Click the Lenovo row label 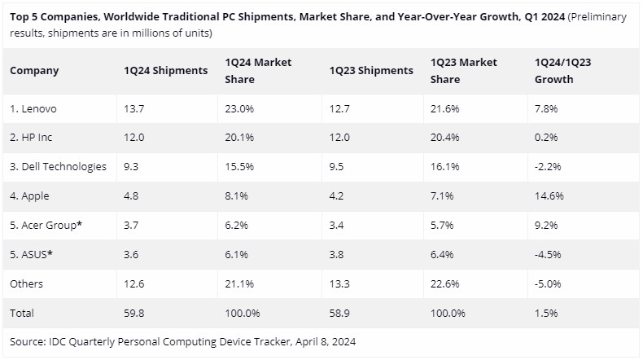pos(33,108)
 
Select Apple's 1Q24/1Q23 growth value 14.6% pos(547,196)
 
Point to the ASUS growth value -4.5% pos(548,255)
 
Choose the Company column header pos(34,71)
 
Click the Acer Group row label pos(46,226)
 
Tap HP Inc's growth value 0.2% pos(545,138)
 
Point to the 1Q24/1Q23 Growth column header pos(562,71)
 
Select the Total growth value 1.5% pos(545,313)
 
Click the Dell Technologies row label pos(58,167)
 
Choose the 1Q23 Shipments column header pos(371,71)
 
